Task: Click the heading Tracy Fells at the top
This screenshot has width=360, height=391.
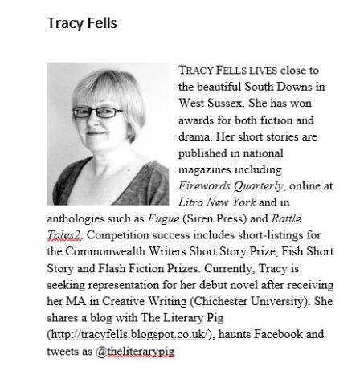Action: point(83,23)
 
